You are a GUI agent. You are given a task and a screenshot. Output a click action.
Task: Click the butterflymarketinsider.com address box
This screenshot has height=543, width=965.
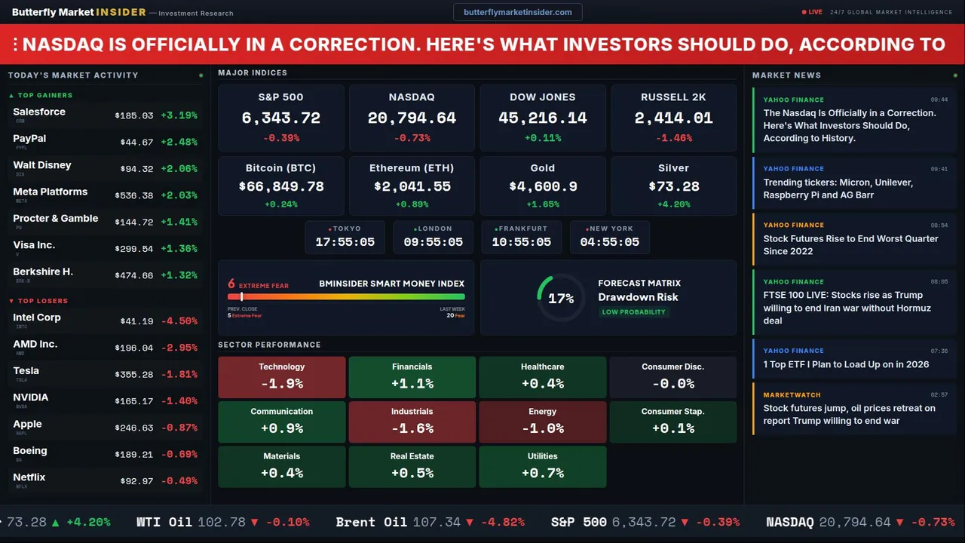tap(517, 12)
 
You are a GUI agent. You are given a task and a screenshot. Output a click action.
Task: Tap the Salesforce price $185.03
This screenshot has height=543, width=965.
tap(133, 115)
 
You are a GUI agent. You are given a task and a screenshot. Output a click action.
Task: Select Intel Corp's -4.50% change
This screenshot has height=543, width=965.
tap(181, 321)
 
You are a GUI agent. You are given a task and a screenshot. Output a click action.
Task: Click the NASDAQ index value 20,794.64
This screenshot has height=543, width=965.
tap(412, 118)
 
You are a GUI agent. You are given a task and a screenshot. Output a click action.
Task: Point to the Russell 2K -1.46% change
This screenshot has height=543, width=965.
tap(673, 138)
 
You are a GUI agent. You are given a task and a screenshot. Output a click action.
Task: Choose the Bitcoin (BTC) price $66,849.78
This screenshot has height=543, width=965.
tap(281, 186)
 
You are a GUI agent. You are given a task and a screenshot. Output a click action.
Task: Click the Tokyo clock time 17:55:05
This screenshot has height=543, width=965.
tap(345, 242)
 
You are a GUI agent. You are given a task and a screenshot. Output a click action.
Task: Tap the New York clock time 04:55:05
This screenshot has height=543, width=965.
tap(609, 242)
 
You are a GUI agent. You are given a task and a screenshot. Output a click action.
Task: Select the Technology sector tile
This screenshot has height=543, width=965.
tap(281, 376)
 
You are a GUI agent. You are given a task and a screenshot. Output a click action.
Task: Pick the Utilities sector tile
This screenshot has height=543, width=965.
tap(542, 466)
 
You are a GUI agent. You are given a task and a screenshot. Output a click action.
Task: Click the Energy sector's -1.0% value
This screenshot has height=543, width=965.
tap(542, 428)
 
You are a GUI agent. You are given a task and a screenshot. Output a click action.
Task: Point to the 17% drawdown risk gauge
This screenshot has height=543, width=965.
tap(560, 298)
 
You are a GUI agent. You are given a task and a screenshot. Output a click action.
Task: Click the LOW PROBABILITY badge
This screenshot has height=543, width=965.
tap(633, 312)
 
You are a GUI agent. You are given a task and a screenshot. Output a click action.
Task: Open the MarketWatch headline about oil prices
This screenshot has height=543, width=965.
tap(849, 415)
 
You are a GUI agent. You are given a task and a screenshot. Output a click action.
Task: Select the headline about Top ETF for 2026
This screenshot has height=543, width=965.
tap(846, 364)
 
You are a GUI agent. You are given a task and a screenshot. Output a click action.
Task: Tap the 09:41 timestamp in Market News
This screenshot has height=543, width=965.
tap(939, 169)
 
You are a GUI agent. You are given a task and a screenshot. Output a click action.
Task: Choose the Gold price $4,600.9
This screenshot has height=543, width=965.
tap(542, 186)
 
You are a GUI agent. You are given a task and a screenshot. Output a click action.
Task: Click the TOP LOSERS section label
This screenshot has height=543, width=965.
tap(42, 301)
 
